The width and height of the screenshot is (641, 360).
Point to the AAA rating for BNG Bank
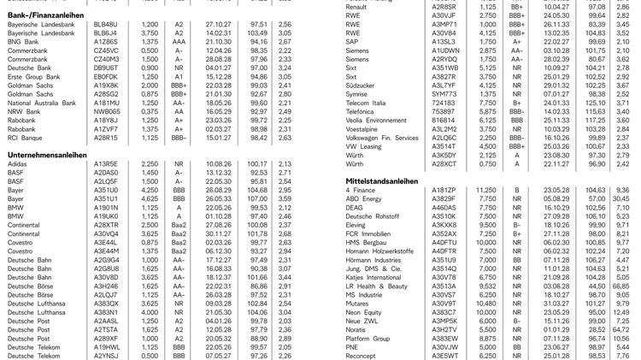coord(179,41)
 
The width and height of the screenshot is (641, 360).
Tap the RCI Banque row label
coord(26,137)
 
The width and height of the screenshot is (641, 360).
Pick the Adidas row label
coord(18,163)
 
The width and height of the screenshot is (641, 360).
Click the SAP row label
coord(352,41)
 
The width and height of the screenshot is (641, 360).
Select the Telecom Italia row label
coord(368,102)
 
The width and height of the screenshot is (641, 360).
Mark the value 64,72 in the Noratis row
coord(620,329)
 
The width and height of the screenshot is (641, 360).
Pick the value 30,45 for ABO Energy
coord(620,198)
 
